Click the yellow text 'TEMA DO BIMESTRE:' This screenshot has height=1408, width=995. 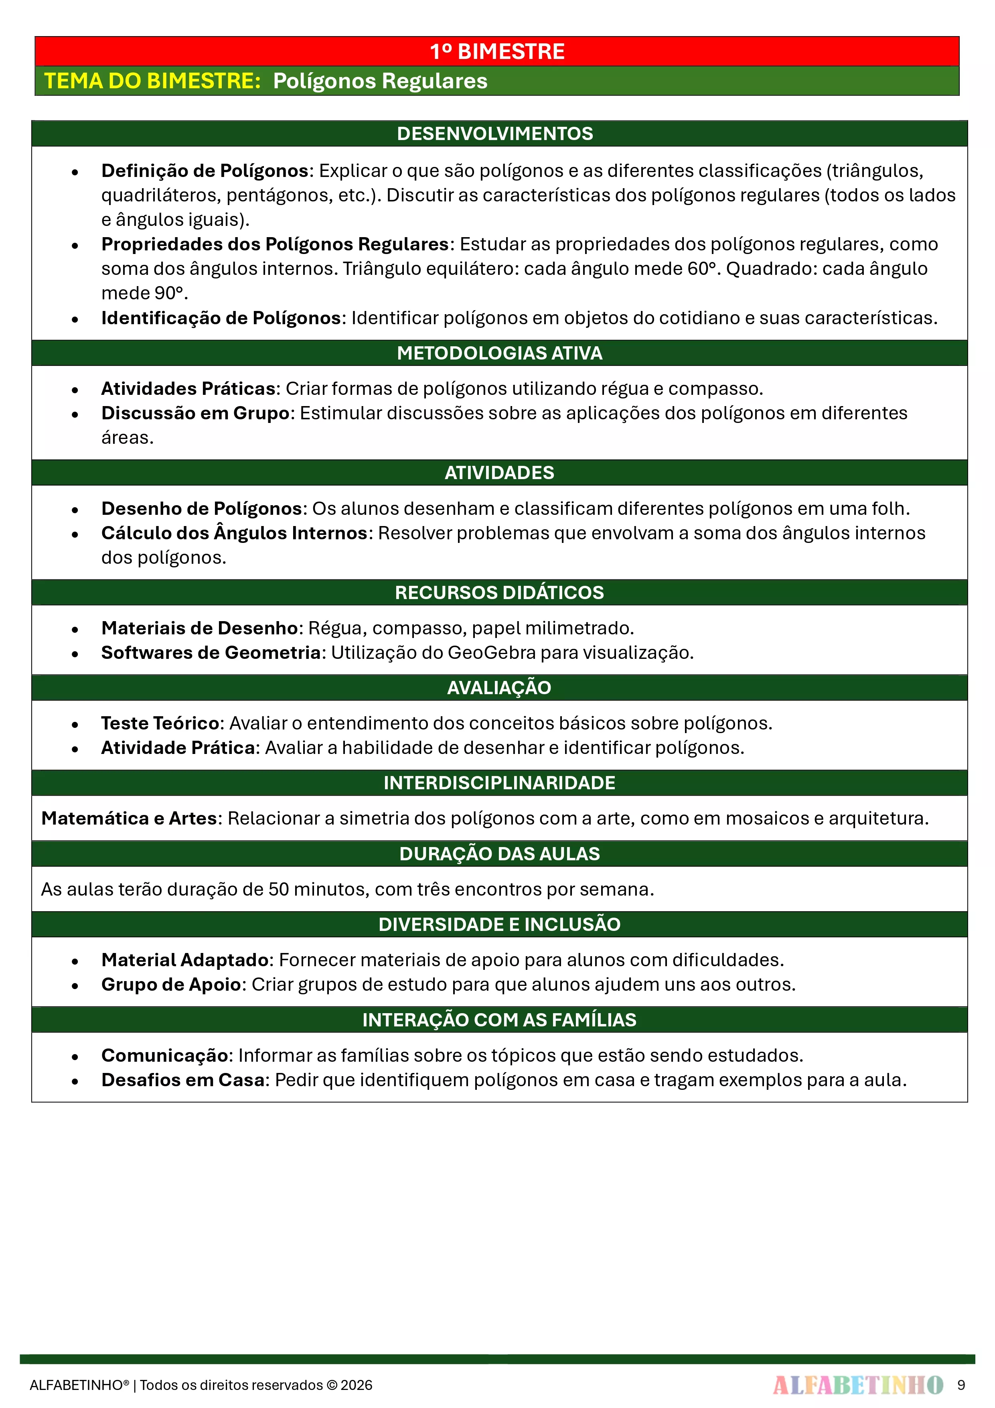[153, 81]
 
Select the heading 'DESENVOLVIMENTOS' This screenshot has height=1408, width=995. [495, 134]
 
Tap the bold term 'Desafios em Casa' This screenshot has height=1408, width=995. [183, 1080]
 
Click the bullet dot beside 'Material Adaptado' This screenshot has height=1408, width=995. [75, 961]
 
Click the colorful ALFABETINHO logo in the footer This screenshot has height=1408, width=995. [858, 1385]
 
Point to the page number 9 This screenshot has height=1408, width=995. [961, 1385]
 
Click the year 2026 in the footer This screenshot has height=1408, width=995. [356, 1385]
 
